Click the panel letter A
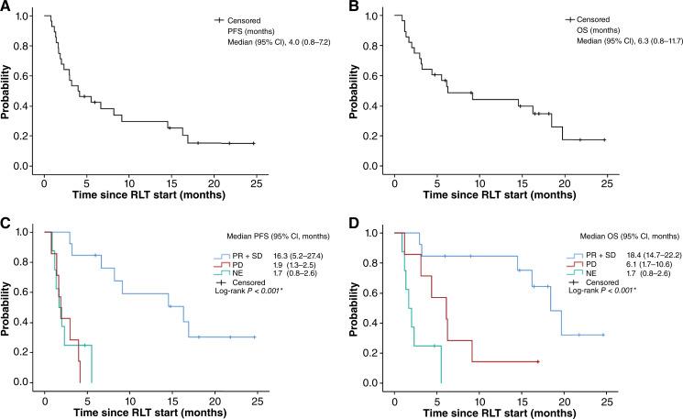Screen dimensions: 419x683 6,7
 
